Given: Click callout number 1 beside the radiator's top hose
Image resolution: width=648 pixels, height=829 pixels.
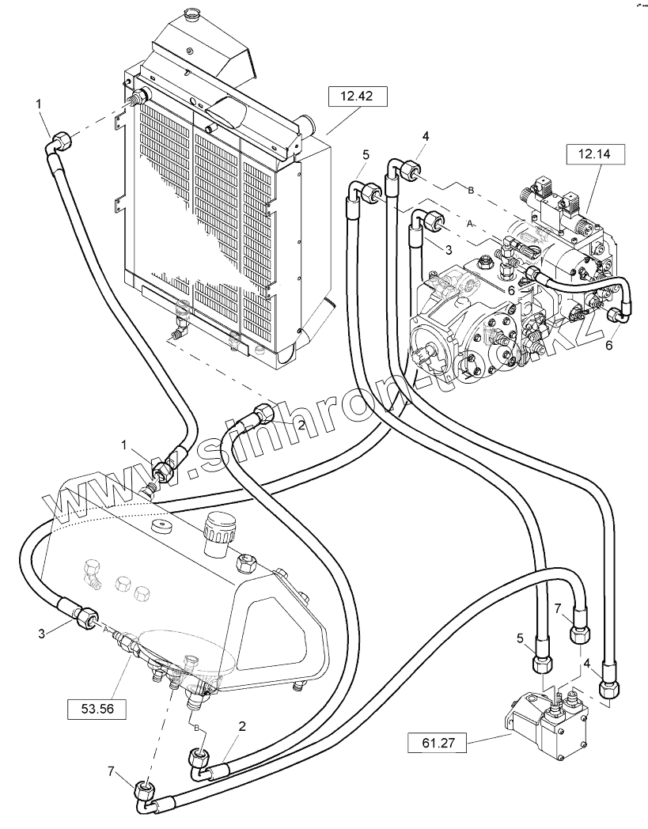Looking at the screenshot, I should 39,104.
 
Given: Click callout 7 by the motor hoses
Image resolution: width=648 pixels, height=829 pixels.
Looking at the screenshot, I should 557,608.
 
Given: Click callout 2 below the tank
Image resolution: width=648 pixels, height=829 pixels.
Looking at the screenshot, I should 241,725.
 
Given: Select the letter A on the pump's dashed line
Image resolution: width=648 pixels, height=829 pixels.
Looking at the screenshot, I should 471,225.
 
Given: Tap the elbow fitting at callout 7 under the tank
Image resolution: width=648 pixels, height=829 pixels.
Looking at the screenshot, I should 144,793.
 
